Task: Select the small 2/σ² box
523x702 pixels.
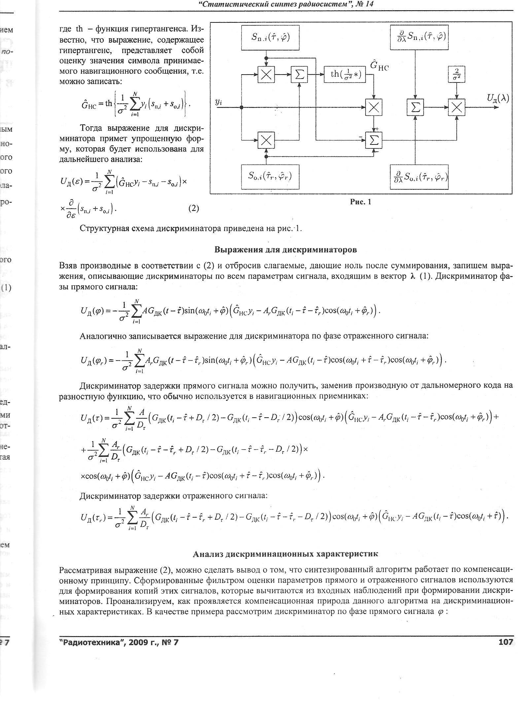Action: (456, 74)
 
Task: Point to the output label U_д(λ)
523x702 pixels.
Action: (498, 98)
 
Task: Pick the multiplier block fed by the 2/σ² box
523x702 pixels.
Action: (456, 107)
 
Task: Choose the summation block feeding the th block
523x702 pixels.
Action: (299, 75)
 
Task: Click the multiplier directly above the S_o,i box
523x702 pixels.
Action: (266, 141)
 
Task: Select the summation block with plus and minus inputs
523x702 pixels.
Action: (373, 141)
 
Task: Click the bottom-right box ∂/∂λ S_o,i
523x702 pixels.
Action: (419, 176)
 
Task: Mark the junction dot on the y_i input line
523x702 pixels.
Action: (242, 107)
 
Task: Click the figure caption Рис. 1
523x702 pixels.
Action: (361, 202)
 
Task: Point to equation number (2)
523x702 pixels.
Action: (193, 208)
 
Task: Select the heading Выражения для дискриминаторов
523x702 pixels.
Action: (286, 249)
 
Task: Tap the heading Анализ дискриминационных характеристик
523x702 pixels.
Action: (285, 554)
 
